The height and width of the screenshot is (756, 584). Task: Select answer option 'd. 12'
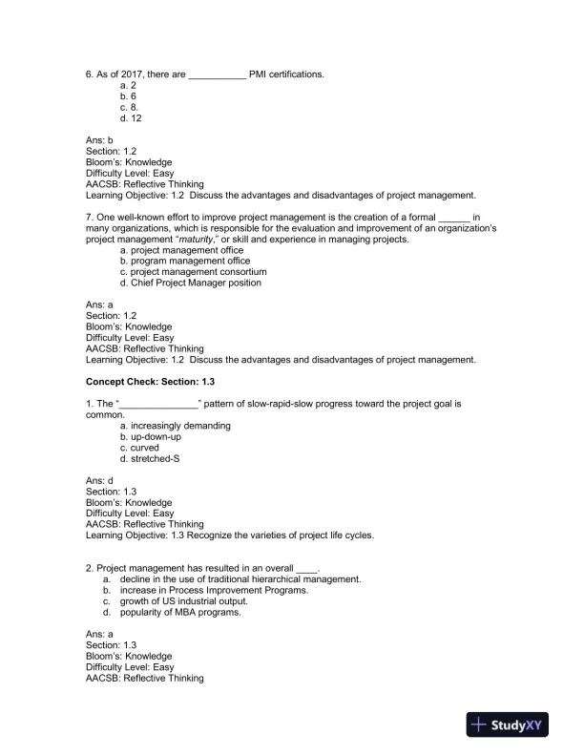tap(131, 118)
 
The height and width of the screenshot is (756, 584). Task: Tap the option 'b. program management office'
tap(184, 261)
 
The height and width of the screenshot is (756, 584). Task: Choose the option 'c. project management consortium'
tap(193, 272)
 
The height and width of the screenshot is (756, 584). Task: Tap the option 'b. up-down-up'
tap(150, 436)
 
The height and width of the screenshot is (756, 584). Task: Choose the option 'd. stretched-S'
tap(150, 458)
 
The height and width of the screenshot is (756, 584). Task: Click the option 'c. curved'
tap(139, 448)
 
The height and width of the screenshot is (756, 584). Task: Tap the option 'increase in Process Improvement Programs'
tap(214, 591)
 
